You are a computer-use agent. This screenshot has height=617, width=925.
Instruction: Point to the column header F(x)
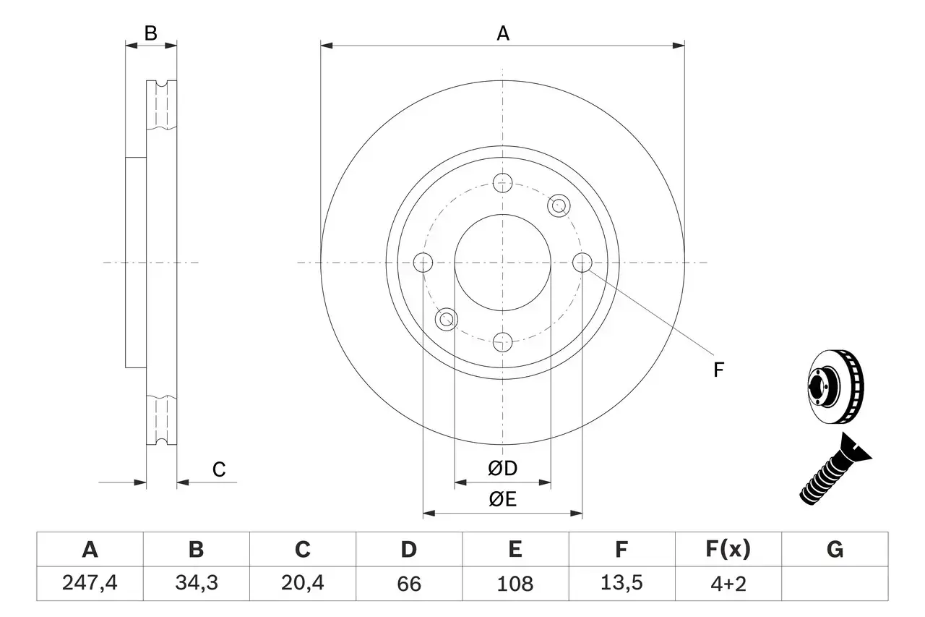(x=728, y=550)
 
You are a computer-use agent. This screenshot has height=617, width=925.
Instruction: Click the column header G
(x=835, y=550)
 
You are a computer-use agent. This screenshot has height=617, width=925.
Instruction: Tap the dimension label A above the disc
(x=503, y=33)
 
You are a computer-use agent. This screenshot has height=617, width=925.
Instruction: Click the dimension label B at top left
(x=150, y=33)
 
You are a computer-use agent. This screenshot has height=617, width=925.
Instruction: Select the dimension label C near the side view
(x=219, y=469)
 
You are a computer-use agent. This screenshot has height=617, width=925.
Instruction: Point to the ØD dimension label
(x=503, y=469)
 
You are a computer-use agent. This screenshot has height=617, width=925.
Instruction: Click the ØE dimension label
(x=503, y=500)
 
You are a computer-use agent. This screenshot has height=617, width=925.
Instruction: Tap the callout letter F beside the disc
(x=718, y=370)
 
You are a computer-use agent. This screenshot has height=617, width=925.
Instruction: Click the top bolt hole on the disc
(x=502, y=183)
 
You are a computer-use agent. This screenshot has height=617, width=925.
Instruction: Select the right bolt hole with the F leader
(x=582, y=263)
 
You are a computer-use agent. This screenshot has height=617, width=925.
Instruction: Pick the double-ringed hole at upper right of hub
(x=558, y=206)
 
